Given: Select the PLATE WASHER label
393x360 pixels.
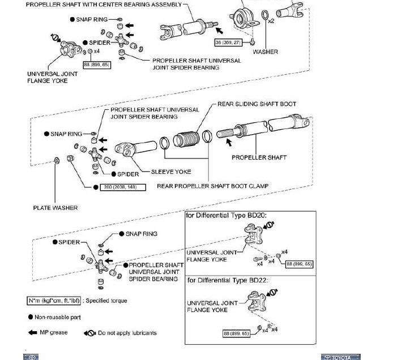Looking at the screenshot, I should coord(55,208).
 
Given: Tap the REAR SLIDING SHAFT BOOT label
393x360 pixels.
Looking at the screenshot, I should coord(257,104).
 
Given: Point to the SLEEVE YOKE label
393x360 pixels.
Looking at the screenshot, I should coord(171,172).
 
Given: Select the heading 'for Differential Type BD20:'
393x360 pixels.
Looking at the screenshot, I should coord(227,216).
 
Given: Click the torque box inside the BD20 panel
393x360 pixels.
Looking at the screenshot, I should coord(300,264).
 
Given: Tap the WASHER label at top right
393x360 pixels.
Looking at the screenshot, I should coord(265,52).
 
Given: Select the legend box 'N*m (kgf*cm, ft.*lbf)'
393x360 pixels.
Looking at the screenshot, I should coord(52,301).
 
